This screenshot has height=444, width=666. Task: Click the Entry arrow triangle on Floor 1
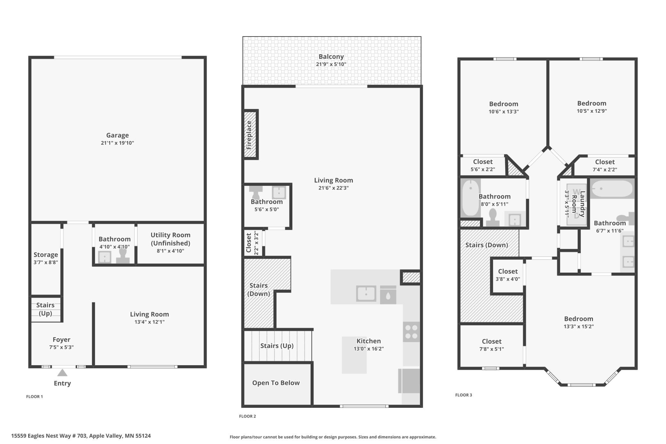[x=62, y=373]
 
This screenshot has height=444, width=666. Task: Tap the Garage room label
[x=118, y=135]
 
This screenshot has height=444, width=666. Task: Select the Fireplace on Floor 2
[x=250, y=135]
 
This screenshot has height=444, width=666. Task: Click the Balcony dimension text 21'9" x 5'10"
[x=331, y=64]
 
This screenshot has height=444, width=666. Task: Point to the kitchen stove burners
[x=411, y=332]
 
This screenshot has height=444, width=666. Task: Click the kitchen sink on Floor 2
[x=366, y=293]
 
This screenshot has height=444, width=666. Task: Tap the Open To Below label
[x=276, y=383]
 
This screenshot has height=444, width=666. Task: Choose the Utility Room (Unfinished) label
[x=170, y=239]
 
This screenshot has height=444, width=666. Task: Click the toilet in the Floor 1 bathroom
[x=123, y=255]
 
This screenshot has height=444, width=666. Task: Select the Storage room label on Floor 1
[x=46, y=255]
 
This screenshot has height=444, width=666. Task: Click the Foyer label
[x=61, y=340]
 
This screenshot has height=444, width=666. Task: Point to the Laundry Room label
[x=578, y=204]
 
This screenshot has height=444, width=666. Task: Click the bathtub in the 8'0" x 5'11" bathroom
[x=470, y=198]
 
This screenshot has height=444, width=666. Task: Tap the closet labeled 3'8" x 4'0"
[x=508, y=275]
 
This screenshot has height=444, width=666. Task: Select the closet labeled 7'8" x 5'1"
[x=491, y=345]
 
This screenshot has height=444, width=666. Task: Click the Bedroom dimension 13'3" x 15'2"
[x=579, y=326]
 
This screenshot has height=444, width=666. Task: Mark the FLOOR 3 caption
[x=464, y=395]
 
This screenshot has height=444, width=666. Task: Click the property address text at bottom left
[x=81, y=436]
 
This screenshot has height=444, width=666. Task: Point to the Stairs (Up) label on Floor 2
[x=277, y=346]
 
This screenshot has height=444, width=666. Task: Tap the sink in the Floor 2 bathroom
[x=279, y=193]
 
